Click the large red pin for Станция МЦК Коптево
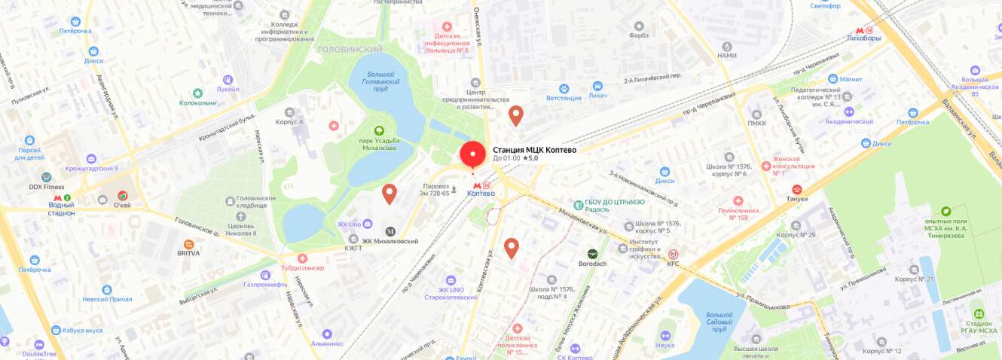pyautogui.click(x=472, y=154)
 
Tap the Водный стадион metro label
pyautogui.click(x=62, y=209)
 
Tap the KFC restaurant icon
pyautogui.click(x=673, y=254)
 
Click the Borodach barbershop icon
pyautogui.click(x=593, y=254)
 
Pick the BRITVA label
pyautogui.click(x=188, y=254)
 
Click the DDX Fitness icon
pyautogui.click(x=46, y=177)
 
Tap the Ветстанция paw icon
pyautogui.click(x=597, y=87)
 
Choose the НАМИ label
pyautogui.click(x=726, y=56)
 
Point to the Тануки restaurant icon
pyautogui.click(x=797, y=189)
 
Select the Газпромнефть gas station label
pyautogui.click(x=265, y=285)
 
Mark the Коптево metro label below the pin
pyautogui.click(x=481, y=194)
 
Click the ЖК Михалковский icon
pyautogui.click(x=390, y=231)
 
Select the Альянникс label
pyautogui.click(x=327, y=343)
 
